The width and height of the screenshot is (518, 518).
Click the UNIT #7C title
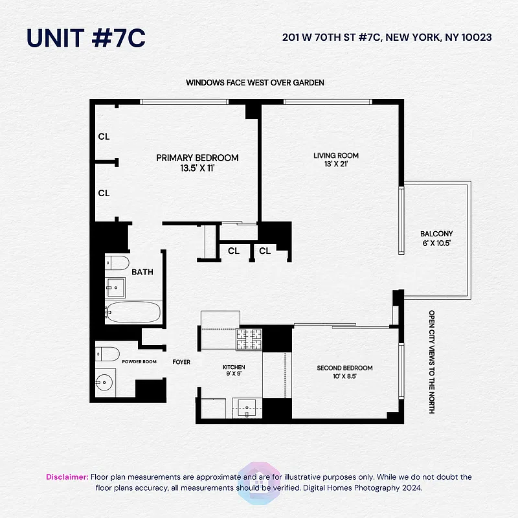pos(85,38)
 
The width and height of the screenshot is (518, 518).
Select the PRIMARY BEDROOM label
pos(197,158)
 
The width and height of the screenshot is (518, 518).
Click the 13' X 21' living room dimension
pos(335,164)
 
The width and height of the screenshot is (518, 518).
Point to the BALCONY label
pos(436,234)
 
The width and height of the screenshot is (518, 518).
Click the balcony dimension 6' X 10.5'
pos(436,243)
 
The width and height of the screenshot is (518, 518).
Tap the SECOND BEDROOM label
pos(344,368)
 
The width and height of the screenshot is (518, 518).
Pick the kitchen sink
pos(247,407)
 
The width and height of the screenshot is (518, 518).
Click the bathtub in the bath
pos(133,312)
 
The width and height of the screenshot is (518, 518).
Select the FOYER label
pos(181,362)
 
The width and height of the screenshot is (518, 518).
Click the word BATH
pos(142,272)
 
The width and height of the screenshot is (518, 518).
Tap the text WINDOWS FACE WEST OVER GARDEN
pos(255,83)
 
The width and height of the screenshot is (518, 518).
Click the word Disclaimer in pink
pos(67,477)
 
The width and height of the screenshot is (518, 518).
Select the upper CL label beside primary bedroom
pos(104,137)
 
